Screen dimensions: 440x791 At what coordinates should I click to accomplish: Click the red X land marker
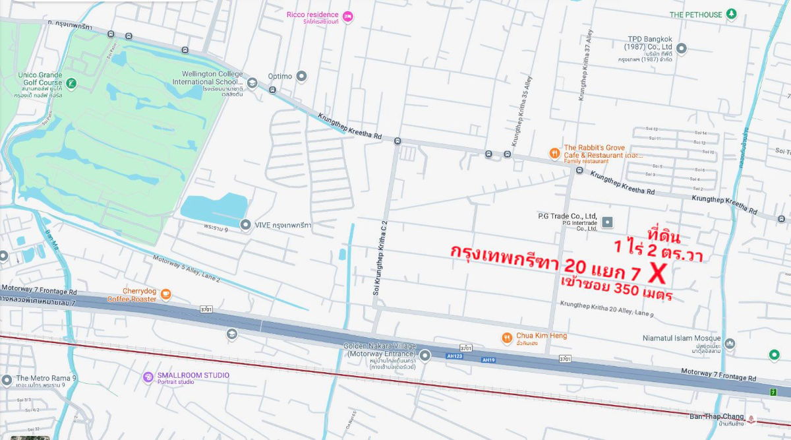click(658, 271)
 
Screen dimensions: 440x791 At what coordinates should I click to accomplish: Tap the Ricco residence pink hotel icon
click(349, 16)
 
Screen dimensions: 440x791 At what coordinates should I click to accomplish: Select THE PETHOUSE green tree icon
click(731, 14)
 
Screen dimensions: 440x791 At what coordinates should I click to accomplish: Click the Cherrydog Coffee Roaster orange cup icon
click(165, 294)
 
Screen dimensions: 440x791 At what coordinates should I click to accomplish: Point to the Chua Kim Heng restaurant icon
click(507, 338)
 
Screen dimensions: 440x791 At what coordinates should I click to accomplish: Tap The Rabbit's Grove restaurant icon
click(554, 153)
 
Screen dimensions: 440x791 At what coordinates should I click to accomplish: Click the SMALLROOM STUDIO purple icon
click(148, 377)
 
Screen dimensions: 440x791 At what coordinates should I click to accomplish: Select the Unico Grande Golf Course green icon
click(71, 83)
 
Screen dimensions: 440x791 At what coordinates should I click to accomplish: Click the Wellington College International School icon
click(252, 83)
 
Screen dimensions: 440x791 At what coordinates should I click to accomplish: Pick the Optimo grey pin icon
click(302, 76)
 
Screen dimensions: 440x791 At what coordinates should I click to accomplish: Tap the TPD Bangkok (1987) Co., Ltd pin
click(682, 48)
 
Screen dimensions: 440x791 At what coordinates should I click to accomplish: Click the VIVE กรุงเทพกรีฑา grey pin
click(245, 225)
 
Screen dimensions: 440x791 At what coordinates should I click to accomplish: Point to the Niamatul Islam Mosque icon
click(730, 344)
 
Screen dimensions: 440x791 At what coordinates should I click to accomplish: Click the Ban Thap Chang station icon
click(751, 420)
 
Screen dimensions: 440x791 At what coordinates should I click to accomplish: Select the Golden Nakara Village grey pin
click(426, 356)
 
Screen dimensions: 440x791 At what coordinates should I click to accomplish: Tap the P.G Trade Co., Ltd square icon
click(607, 222)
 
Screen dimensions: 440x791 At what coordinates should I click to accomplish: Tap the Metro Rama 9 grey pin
click(6, 380)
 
